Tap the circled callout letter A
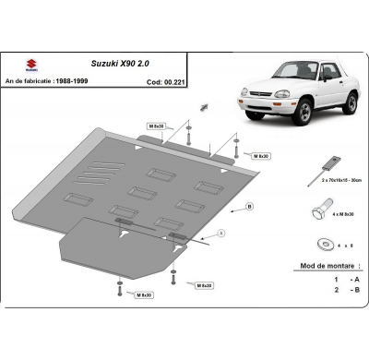tap(220, 231)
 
